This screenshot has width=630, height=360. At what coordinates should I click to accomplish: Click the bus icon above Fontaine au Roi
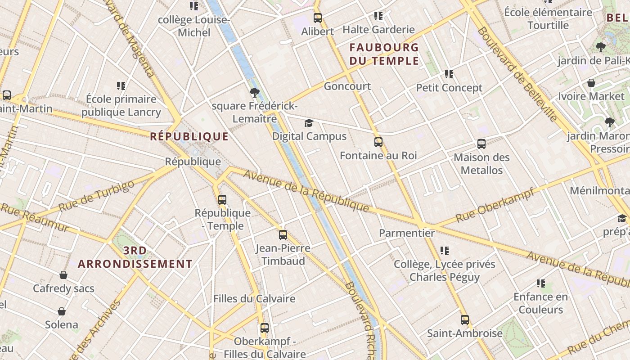coord(378,142)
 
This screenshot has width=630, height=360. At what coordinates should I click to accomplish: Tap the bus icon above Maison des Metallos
coord(481,144)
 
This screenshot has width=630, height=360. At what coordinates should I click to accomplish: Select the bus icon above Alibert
coord(318,18)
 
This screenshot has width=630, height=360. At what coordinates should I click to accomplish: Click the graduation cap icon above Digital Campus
coord(309,123)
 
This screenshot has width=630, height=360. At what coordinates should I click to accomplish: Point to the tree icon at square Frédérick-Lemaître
coord(254,93)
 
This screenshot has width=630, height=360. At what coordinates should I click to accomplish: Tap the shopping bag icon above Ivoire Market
coord(591,83)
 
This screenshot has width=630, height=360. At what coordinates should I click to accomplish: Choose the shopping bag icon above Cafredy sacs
coord(63,275)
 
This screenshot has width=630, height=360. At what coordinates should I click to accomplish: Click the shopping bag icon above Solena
coord(62,311)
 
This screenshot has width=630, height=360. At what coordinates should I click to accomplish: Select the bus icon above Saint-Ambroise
coord(465,320)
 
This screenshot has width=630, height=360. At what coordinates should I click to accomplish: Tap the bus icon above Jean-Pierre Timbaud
coord(283,234)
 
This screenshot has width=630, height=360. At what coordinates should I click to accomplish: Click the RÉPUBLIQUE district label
coord(189,136)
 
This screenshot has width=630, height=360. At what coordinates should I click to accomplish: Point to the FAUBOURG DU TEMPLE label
coord(384,54)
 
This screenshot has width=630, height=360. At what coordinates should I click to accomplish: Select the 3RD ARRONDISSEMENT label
coord(135,257)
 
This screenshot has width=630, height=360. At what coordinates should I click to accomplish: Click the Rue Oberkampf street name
coord(495,205)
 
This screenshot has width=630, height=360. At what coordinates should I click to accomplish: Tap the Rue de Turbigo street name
coord(96,196)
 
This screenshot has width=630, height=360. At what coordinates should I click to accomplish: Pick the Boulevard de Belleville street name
coord(517,74)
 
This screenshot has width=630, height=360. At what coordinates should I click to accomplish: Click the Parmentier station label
coord(407,233)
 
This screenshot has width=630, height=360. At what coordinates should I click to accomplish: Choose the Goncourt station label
coord(347,86)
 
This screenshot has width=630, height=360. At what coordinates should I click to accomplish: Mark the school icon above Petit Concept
coord(449,74)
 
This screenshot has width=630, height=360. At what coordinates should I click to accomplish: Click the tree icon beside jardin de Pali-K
coord(600,47)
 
